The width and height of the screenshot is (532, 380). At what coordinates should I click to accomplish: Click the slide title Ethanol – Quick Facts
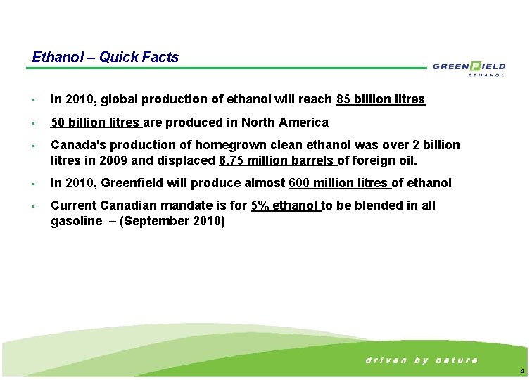pos(106,57)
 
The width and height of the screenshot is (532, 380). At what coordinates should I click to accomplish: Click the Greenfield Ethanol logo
pos(469,68)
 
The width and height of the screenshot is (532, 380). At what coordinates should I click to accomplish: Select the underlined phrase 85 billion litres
pos(381,99)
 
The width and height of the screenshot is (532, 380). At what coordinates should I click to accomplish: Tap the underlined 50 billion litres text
pos(96,122)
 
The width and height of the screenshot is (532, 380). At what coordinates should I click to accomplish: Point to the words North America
pos(285,122)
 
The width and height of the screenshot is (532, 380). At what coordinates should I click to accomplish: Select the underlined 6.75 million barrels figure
pos(277,160)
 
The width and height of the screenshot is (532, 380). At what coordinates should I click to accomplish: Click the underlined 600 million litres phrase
pos(339,183)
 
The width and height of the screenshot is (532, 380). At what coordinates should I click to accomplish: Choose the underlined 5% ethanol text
pos(284,205)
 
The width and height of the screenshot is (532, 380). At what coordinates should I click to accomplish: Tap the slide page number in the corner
pos(521,371)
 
